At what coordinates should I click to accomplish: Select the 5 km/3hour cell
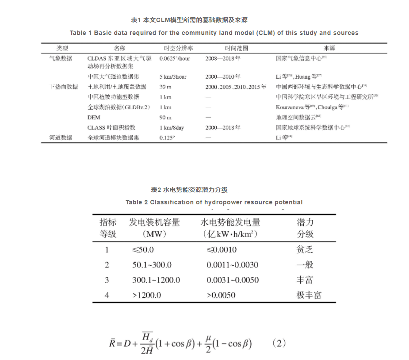point(173,77)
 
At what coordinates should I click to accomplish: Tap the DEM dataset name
point(94,117)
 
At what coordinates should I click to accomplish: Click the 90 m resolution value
point(165,117)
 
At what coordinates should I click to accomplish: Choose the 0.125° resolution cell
point(167,138)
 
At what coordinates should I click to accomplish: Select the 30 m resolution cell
point(165,87)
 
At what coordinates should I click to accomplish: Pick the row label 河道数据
point(60,138)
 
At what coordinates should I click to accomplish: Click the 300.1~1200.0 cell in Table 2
point(156,280)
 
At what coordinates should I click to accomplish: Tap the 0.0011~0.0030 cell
point(232,265)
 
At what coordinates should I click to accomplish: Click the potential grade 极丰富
point(309,295)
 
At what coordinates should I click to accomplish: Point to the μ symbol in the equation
point(208,337)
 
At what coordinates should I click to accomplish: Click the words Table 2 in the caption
point(137,202)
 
